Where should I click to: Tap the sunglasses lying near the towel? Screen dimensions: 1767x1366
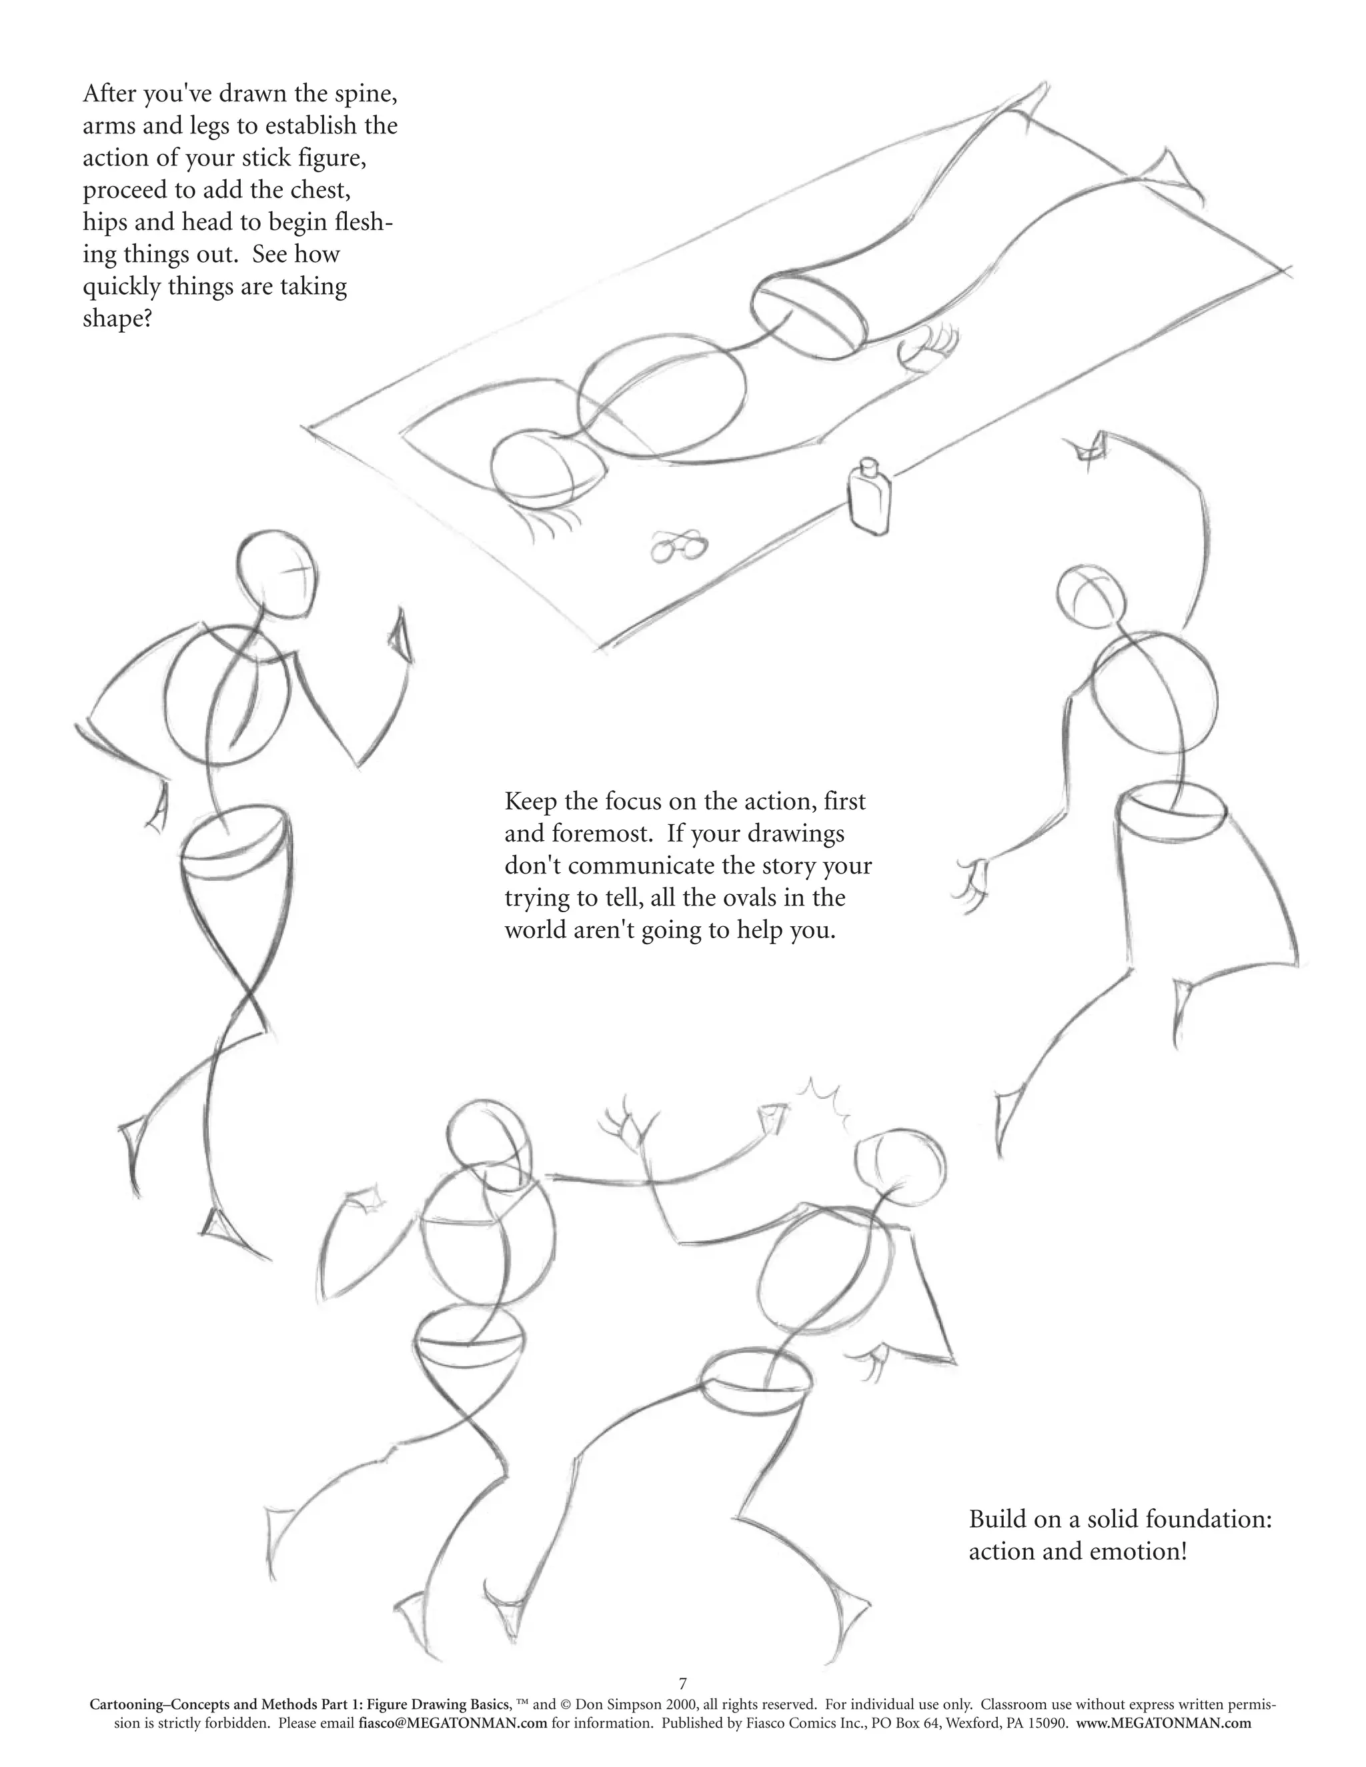(678, 546)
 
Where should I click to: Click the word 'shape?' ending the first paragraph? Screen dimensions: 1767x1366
(117, 319)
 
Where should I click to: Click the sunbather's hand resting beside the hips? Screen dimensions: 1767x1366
(929, 346)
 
